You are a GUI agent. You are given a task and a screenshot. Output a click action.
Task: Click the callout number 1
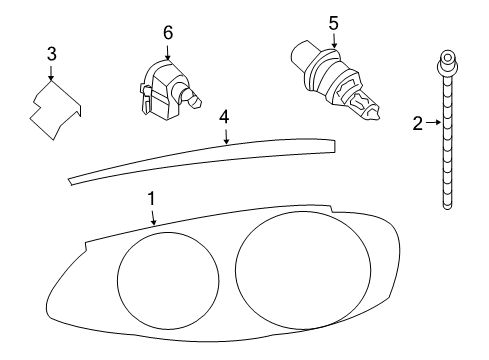(151, 199)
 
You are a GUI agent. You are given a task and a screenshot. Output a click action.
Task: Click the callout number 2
(418, 124)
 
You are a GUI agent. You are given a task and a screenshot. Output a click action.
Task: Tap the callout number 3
(51, 54)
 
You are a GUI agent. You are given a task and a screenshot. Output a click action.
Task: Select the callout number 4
(225, 117)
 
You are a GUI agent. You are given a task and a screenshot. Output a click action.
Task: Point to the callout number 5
(334, 21)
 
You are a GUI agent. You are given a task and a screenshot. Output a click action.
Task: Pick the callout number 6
(168, 32)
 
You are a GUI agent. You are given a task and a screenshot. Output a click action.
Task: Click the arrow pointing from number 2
(431, 124)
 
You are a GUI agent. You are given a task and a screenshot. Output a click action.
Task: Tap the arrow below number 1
(153, 218)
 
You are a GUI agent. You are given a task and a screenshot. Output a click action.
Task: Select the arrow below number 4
(226, 135)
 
